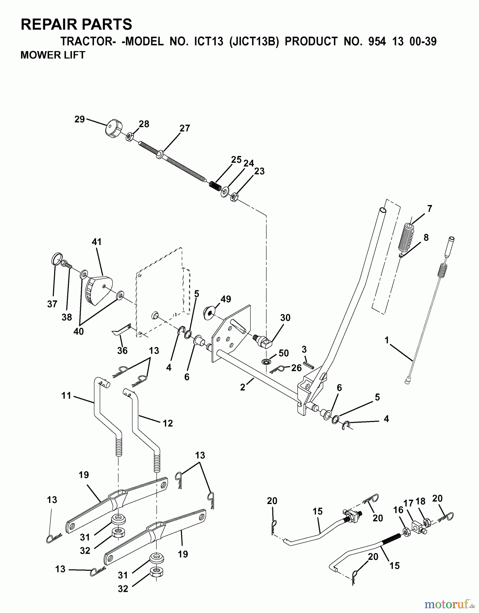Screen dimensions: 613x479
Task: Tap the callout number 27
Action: coord(185,128)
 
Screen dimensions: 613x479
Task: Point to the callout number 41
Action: coord(96,242)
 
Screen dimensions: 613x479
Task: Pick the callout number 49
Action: coord(226,299)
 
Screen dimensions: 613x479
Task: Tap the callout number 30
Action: coord(285,317)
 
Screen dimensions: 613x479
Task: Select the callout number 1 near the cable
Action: coord(386,340)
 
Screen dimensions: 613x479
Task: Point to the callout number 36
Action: coord(122,350)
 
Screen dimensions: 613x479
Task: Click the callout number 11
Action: coord(66,395)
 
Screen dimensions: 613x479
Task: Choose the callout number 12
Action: coord(168,423)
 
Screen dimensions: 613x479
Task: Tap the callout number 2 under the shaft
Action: coord(243,387)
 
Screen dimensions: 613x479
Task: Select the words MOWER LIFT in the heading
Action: coord(53,55)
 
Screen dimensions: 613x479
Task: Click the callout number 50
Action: coord(283,353)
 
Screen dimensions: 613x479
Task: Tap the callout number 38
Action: coord(67,317)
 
